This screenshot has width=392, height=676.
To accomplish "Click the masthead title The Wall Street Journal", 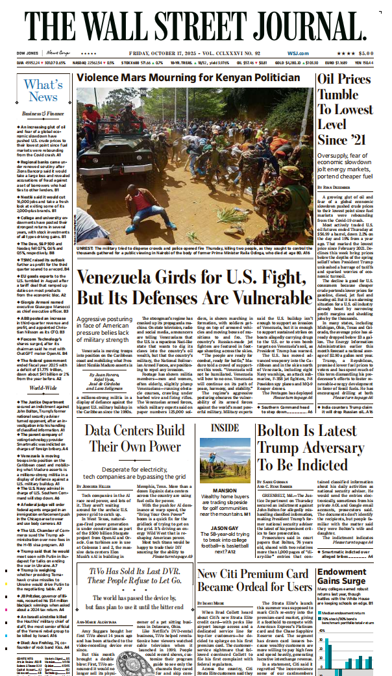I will (195, 24).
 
